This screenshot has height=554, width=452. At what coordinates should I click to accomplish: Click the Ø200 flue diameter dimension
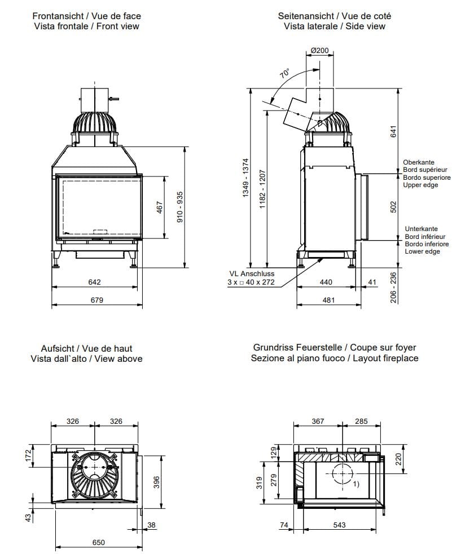click(320, 50)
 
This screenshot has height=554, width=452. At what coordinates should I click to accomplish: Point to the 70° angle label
click(284, 74)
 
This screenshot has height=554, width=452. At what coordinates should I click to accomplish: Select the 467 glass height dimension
click(160, 207)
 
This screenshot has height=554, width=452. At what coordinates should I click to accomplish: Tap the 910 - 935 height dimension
click(180, 207)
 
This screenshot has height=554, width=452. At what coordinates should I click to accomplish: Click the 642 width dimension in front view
click(94, 282)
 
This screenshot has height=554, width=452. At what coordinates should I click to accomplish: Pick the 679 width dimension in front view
click(97, 300)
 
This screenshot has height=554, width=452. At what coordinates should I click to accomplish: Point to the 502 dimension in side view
click(394, 207)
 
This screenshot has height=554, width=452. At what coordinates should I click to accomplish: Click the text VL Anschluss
click(250, 274)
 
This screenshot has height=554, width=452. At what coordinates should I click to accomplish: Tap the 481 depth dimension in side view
click(328, 300)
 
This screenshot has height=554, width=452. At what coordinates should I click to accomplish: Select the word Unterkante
click(421, 229)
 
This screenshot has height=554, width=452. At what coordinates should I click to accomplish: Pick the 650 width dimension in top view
click(98, 542)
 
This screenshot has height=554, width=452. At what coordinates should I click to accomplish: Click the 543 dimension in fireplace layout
click(339, 525)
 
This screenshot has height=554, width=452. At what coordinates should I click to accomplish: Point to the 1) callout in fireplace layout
click(356, 484)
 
